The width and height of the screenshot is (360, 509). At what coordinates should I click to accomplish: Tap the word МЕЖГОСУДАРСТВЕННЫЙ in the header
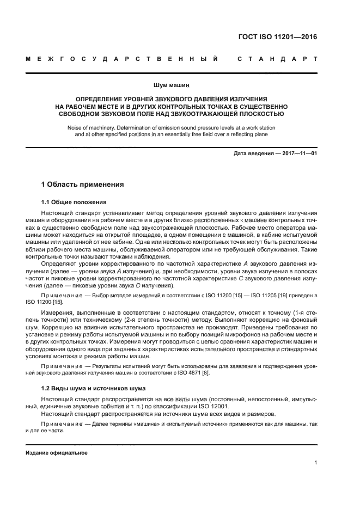tap(123, 58)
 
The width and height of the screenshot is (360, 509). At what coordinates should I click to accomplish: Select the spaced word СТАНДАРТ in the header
tap(277, 58)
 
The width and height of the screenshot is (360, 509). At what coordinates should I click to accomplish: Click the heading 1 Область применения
tap(83, 185)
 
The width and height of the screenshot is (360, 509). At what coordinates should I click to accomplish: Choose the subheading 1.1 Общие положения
tap(74, 202)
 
